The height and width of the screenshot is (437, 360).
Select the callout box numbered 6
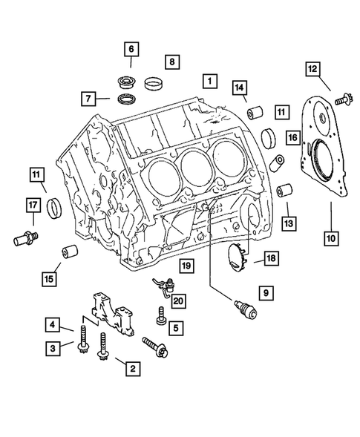pyautogui.click(x=131, y=50)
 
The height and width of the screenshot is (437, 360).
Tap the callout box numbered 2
pyautogui.click(x=133, y=367)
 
